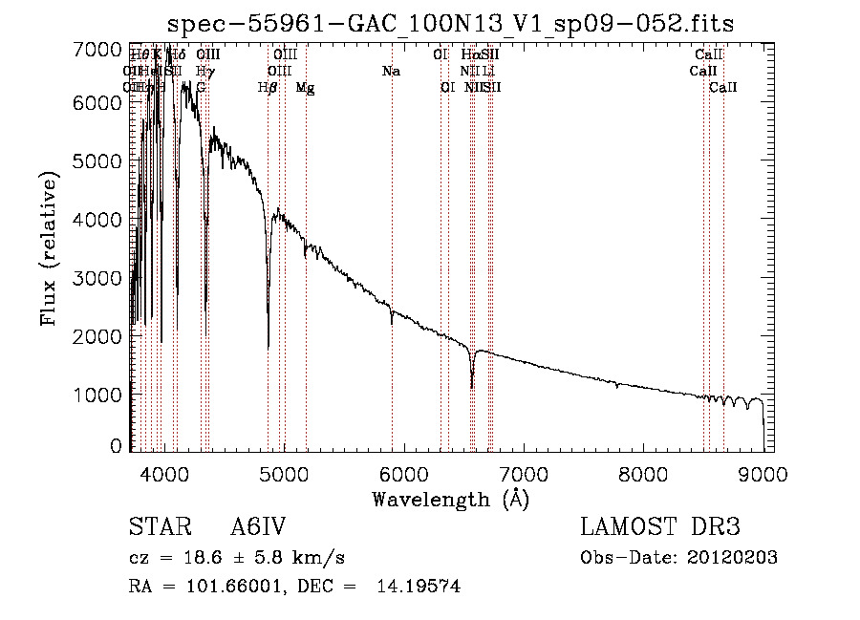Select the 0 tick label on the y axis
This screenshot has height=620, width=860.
[x=116, y=446]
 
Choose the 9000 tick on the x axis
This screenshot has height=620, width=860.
[x=763, y=474]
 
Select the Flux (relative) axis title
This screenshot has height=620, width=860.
[x=50, y=247]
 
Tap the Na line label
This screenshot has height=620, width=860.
[x=391, y=72]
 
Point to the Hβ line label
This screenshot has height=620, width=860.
[x=268, y=87]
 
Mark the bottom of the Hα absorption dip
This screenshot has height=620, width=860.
[x=472, y=387]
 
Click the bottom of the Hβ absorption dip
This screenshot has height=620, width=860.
[x=269, y=346]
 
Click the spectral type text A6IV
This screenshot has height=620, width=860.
[x=258, y=528]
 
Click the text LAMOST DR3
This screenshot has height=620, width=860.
[x=660, y=528]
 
